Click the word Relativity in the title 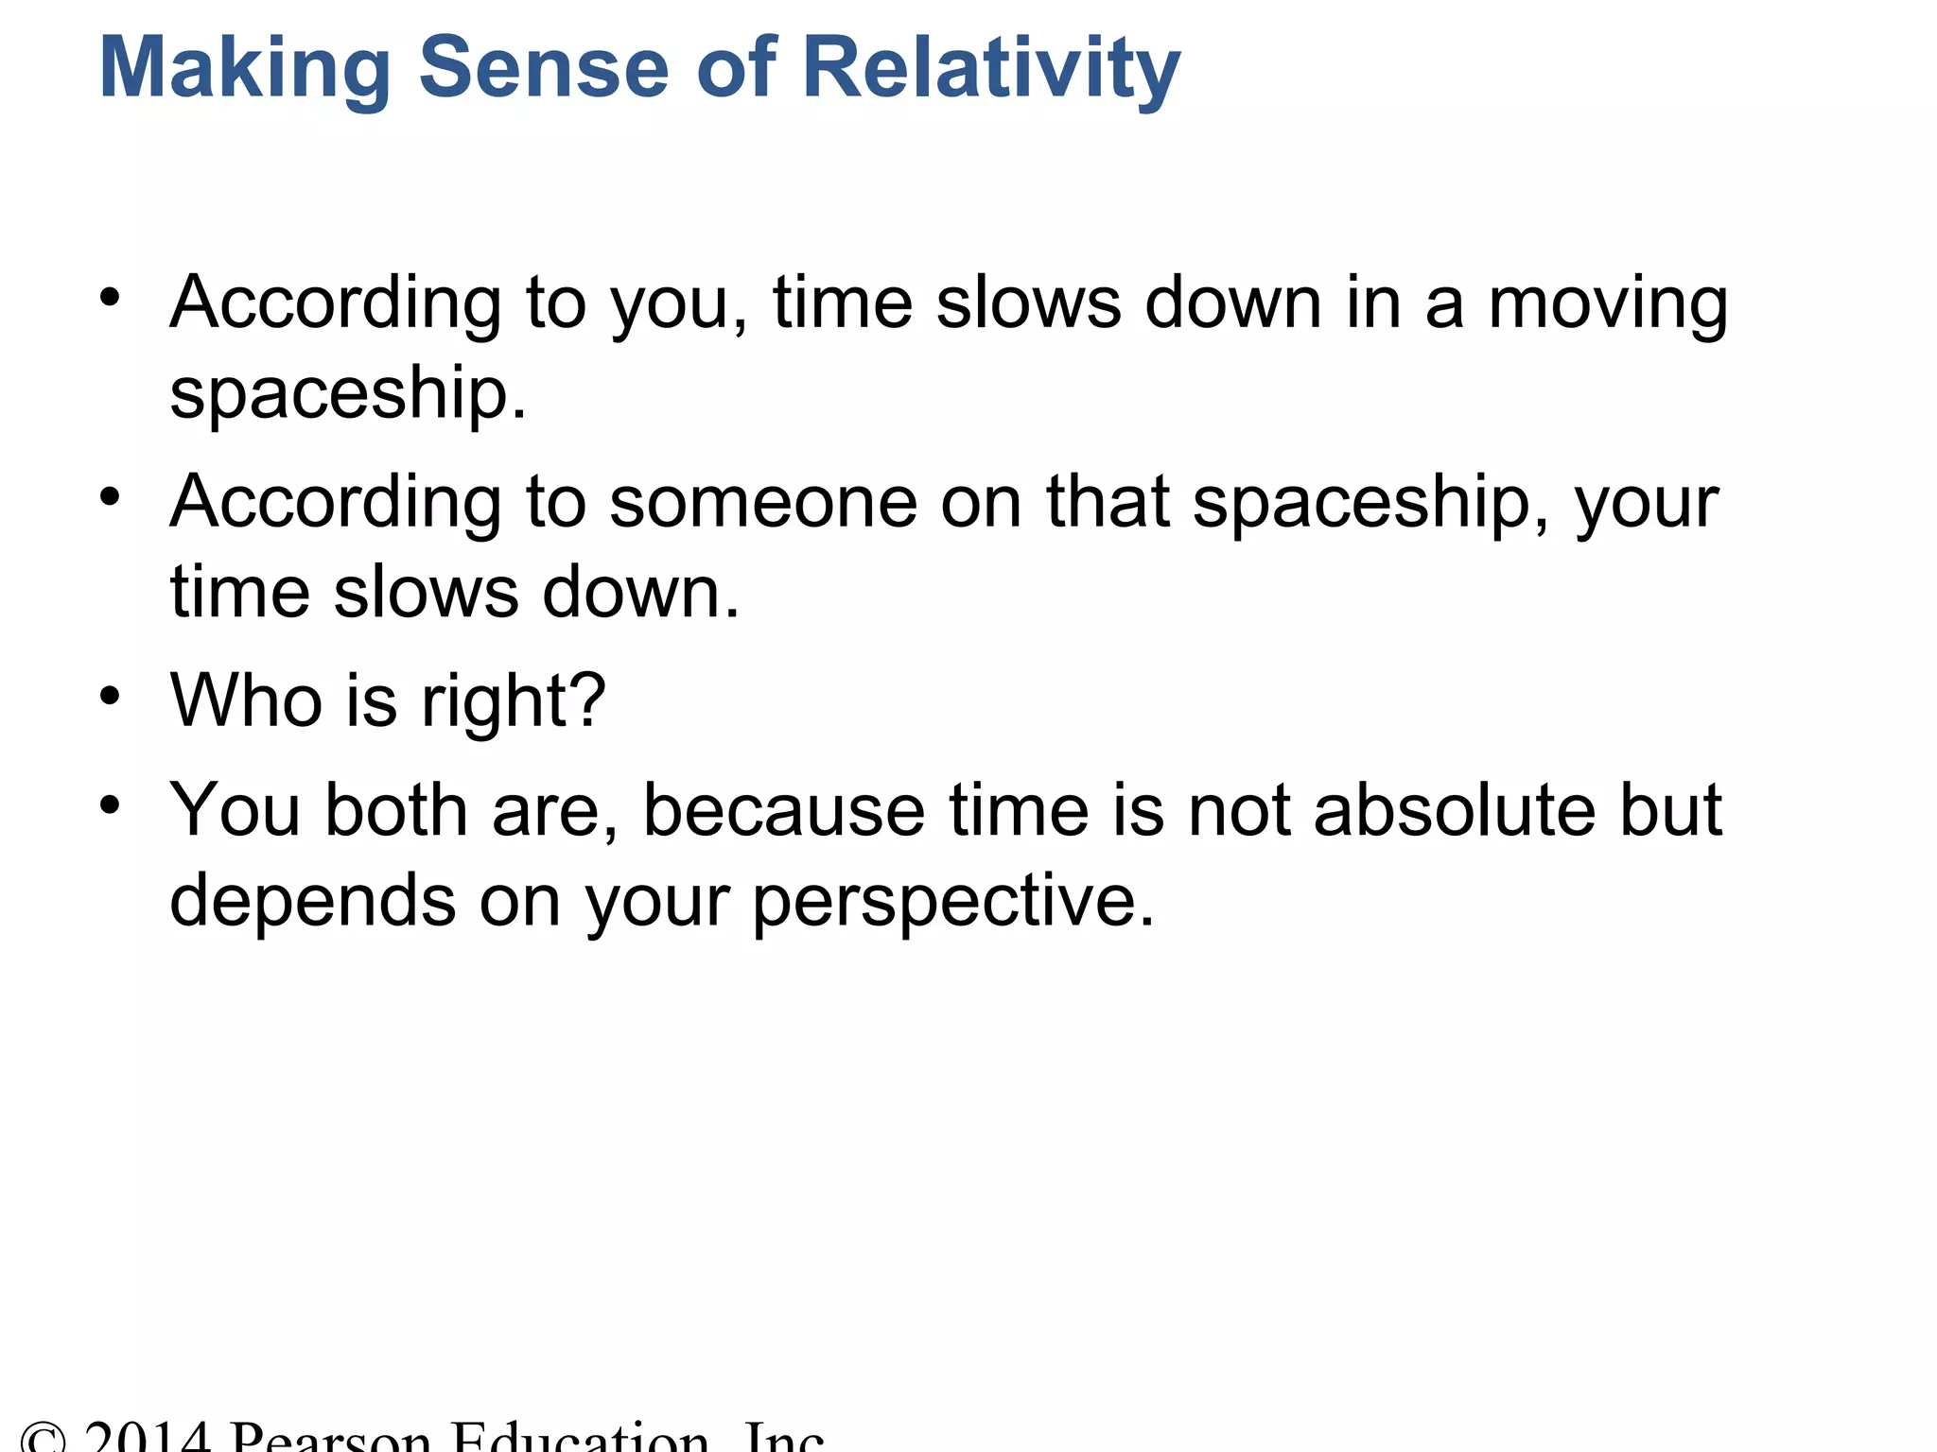990,68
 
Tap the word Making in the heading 244,68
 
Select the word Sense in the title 544,68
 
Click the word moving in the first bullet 1608,304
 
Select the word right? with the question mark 513,701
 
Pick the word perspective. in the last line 953,901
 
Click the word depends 312,901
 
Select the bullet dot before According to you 111,297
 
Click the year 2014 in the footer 147,1437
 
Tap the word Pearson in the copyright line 331,1437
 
